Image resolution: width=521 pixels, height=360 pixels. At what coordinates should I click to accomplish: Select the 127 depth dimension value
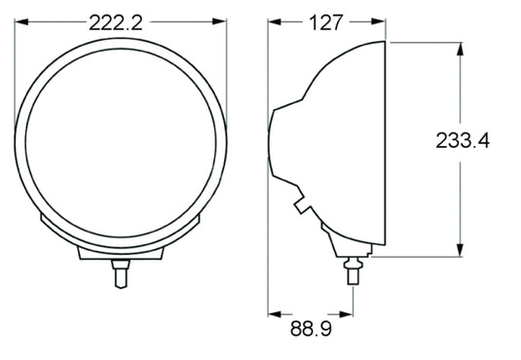329,23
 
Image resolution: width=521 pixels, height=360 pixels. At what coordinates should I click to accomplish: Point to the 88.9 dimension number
310,332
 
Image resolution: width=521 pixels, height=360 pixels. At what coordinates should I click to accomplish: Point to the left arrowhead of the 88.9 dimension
274,313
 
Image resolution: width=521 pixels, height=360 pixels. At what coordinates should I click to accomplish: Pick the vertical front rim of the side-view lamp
389,146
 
